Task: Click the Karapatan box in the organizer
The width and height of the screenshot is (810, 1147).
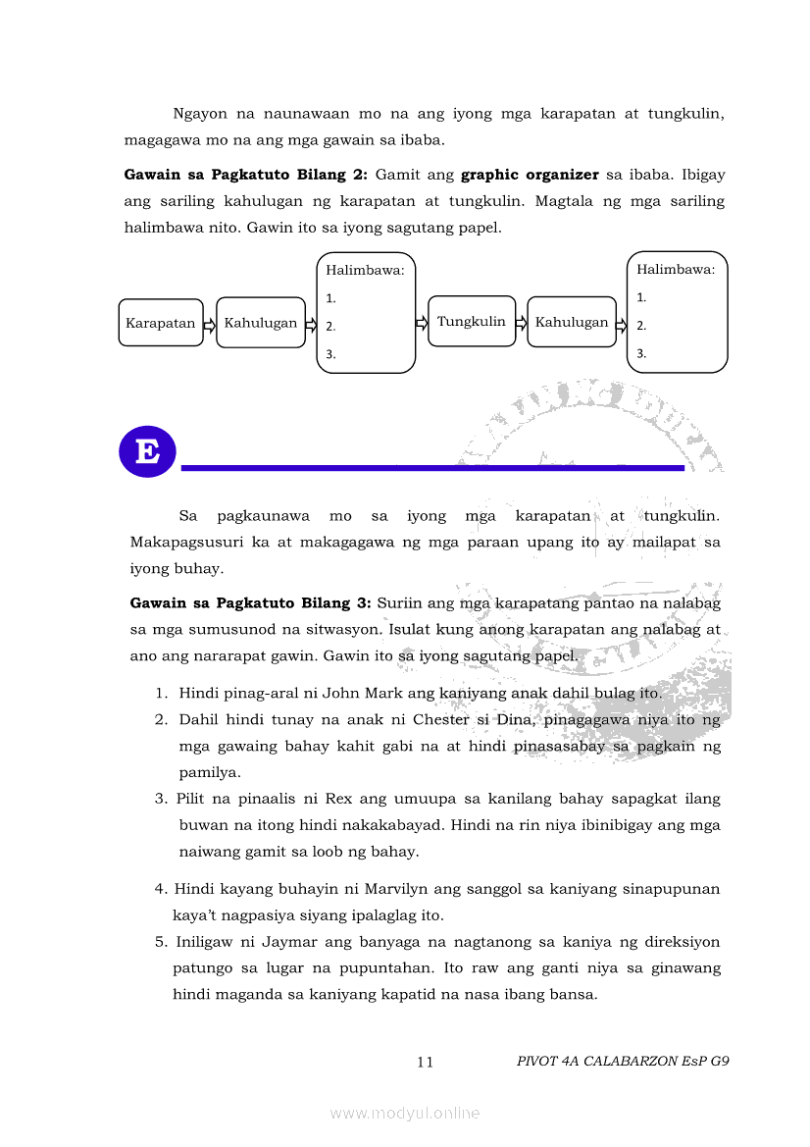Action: (161, 323)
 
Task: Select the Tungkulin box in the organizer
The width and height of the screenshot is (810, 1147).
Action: (472, 321)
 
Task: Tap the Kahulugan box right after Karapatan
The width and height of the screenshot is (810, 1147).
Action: (261, 323)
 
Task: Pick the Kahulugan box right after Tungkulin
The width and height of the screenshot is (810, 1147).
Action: (572, 322)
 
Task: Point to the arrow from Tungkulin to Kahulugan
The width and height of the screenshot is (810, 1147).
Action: (522, 323)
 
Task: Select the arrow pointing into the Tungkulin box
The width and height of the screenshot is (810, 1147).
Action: (422, 322)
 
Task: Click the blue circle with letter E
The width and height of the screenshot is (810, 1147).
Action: (147, 452)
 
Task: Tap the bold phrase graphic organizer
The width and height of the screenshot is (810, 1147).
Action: (530, 175)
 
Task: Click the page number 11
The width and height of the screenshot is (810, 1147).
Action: (426, 1062)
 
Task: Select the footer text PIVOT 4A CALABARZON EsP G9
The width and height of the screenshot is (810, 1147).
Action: (623, 1061)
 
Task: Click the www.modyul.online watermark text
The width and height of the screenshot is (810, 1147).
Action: (405, 1113)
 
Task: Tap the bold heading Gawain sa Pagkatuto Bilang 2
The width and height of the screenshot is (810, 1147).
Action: (245, 175)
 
